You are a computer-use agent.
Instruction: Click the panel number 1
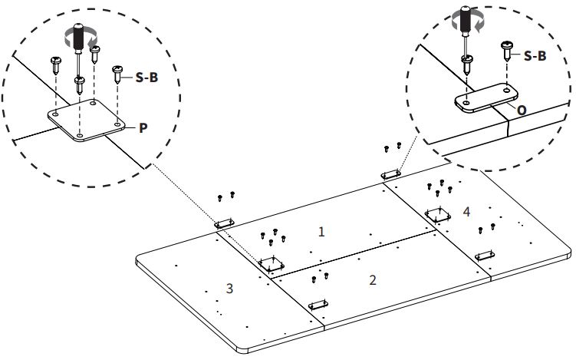(321, 232)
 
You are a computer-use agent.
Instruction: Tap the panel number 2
(373, 280)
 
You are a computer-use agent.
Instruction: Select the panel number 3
(229, 289)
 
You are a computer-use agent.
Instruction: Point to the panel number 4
(466, 211)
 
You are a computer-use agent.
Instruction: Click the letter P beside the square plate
(143, 128)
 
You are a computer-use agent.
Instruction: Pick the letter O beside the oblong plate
(522, 111)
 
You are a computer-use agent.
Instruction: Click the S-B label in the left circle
(146, 78)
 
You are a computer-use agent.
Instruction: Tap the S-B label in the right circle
(535, 56)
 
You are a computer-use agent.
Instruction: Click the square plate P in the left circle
(87, 120)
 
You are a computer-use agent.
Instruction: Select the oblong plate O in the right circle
(486, 97)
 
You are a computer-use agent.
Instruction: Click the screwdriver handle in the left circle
(78, 36)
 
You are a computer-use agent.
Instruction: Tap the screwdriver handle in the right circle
(466, 18)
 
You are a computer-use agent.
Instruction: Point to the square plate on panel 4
(438, 215)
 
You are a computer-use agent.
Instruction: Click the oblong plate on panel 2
(318, 305)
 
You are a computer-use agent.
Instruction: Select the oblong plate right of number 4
(485, 256)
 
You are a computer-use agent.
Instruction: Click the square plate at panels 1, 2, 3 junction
(272, 264)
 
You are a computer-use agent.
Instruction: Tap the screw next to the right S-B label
(506, 51)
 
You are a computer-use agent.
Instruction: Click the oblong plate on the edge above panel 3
(225, 223)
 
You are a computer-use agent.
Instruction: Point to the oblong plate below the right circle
(391, 174)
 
